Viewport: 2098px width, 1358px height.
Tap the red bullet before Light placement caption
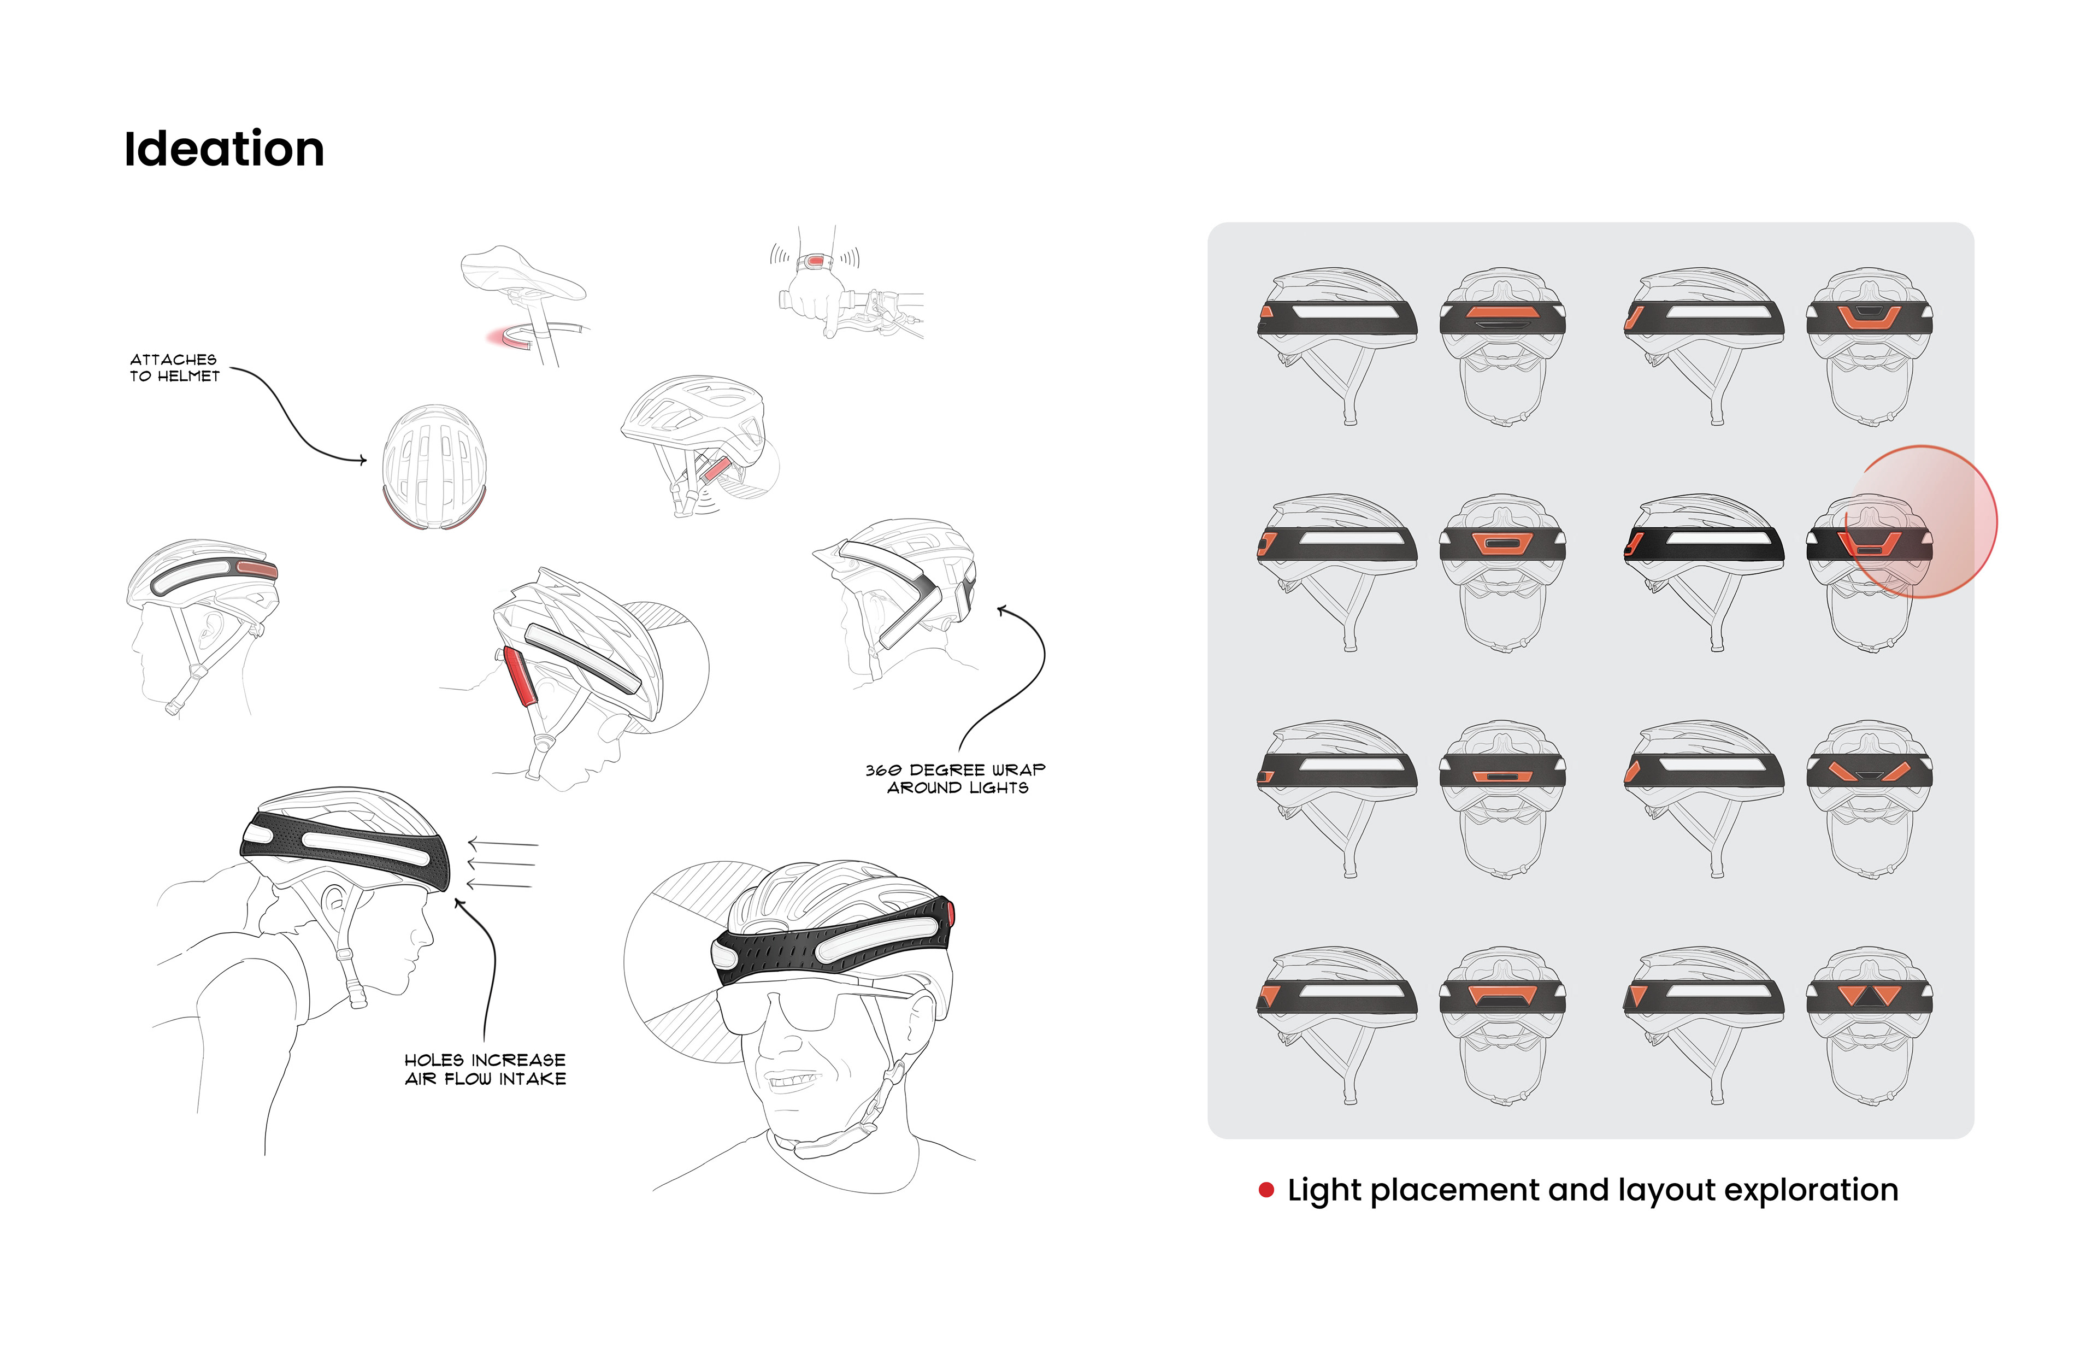tap(1267, 1190)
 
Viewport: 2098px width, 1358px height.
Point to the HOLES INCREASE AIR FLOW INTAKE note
tap(485, 1069)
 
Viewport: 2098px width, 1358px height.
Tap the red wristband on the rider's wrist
tap(815, 261)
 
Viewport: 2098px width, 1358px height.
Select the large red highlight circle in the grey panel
tap(1922, 522)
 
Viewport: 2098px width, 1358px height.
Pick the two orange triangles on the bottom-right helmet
tap(1870, 996)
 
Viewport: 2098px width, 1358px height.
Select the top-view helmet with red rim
tap(434, 467)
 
